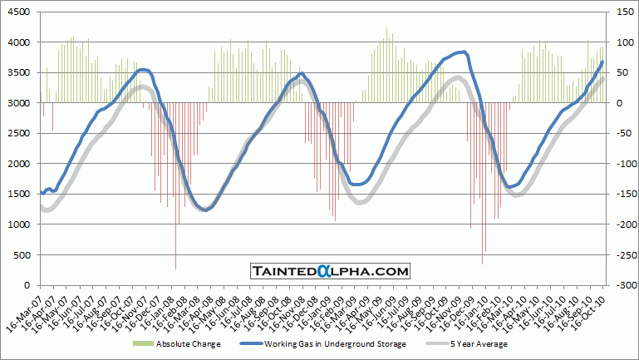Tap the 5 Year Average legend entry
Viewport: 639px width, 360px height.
[479, 343]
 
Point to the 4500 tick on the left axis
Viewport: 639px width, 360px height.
[20, 12]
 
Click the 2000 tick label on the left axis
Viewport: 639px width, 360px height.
[20, 164]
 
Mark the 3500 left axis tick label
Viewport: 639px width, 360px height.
[20, 72]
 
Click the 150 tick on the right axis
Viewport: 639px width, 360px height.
[623, 12]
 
